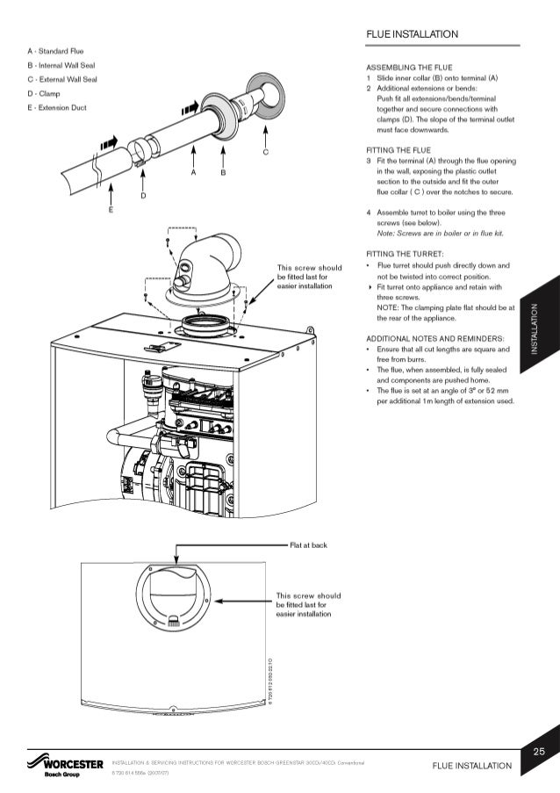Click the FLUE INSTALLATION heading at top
coord(413,34)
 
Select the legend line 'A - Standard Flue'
coord(55,54)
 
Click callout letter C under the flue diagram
coord(265,153)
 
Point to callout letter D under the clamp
coord(142,196)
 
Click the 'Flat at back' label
coord(308,544)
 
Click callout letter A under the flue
coord(193,173)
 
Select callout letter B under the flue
coord(223,173)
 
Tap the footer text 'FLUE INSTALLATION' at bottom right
coord(471,766)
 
